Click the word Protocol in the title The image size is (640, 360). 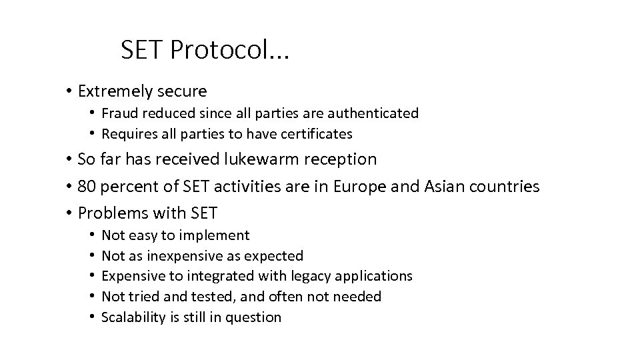pos(227,49)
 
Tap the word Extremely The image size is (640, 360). pos(114,91)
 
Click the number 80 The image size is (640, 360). pos(87,187)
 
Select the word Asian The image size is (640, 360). pos(445,187)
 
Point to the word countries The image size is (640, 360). pos(506,187)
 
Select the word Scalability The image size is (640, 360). pos(133,317)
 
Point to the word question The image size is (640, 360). pos(255,317)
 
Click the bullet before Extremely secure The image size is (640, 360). pos(69,91)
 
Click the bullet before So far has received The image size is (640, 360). pos(69,160)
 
